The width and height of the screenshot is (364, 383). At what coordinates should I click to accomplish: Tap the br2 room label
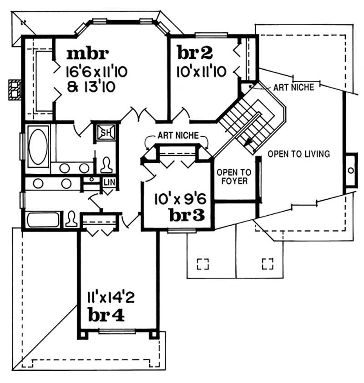[195, 53]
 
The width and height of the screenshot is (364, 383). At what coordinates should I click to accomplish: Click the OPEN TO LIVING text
[298, 154]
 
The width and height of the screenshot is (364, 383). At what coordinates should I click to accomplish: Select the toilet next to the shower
[106, 164]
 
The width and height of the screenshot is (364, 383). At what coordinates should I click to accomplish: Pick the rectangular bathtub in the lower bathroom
[43, 219]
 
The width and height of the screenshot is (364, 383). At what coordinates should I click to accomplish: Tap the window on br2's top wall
[211, 35]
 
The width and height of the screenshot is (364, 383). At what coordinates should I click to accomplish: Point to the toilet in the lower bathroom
[71, 219]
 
